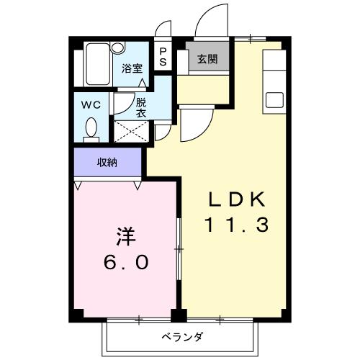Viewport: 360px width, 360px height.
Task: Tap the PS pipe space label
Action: (x=163, y=56)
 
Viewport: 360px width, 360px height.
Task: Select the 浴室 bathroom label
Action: (x=131, y=68)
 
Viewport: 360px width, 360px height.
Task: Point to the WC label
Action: (x=90, y=103)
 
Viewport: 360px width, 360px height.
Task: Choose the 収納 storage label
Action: (x=107, y=163)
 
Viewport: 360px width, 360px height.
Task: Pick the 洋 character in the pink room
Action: (x=125, y=235)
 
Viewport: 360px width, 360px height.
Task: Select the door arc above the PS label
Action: (x=164, y=32)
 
